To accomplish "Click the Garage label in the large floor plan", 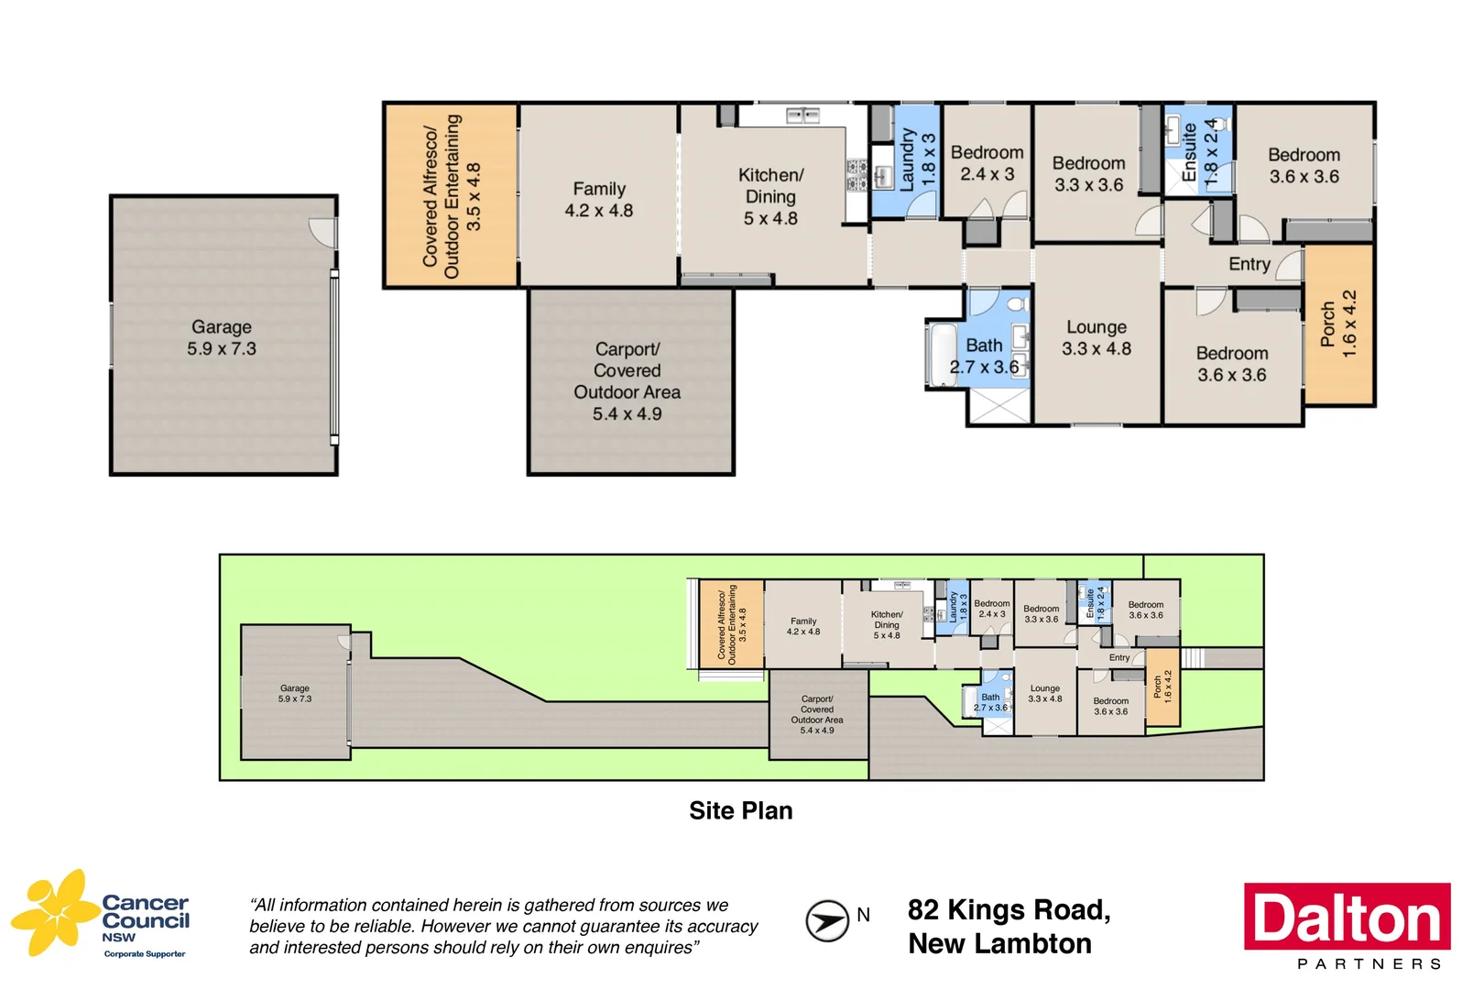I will pyautogui.click(x=222, y=337).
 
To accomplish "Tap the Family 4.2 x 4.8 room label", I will pyautogui.click(x=599, y=200).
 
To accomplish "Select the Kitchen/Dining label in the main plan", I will pyautogui.click(x=770, y=196).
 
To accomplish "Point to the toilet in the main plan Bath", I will pyautogui.click(x=1016, y=303).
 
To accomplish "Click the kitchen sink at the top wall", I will pyautogui.click(x=803, y=115).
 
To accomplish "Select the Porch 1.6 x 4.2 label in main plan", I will pyautogui.click(x=1338, y=324).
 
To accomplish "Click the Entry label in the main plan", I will pyautogui.click(x=1249, y=264).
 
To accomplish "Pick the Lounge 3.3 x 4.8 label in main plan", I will pyautogui.click(x=1097, y=337).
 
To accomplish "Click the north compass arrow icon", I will pyautogui.click(x=827, y=920).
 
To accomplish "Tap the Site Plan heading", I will pyautogui.click(x=741, y=810).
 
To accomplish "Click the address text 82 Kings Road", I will pyautogui.click(x=1009, y=910).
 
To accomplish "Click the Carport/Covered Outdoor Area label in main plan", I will pyautogui.click(x=627, y=380).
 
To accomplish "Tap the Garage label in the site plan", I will pyautogui.click(x=295, y=693).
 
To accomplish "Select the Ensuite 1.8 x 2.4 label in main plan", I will pyautogui.click(x=1199, y=152).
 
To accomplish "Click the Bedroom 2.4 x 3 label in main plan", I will pyautogui.click(x=987, y=163).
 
